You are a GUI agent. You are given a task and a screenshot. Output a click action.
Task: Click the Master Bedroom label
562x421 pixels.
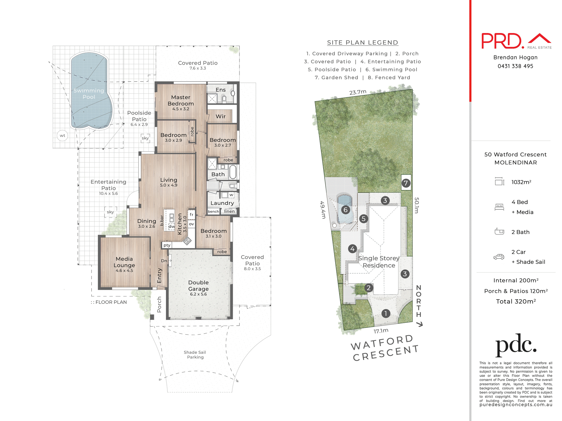pos(181,100)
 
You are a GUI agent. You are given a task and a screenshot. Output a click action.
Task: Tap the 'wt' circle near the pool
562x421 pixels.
pos(62,136)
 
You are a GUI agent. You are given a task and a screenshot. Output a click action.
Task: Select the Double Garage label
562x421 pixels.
pos(198,286)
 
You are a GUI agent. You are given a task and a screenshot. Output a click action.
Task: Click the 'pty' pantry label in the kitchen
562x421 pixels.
pos(167,245)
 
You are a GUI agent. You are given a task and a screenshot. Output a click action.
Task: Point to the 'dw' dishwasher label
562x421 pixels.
pos(172,226)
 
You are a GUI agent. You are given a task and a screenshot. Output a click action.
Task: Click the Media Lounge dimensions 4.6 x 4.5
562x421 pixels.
pos(124,271)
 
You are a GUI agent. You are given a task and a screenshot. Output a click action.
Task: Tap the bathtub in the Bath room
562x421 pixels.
pos(233,172)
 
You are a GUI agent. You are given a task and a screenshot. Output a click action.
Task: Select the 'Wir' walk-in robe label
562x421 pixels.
pos(220,116)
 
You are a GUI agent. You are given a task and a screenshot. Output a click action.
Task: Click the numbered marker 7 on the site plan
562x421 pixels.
pos(406,183)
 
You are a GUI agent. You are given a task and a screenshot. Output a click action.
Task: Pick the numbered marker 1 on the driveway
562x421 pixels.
pos(386,314)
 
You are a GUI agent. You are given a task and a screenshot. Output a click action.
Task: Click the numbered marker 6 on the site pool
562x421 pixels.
pos(346,210)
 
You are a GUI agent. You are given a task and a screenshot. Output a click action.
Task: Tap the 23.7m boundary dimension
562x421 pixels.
pos(358,92)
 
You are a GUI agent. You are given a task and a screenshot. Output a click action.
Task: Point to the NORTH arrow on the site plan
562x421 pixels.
pos(419,324)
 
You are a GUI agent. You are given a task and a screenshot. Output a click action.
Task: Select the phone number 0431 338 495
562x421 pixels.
pos(515,66)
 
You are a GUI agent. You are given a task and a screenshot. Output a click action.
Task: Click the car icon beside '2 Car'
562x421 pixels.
pos(499,257)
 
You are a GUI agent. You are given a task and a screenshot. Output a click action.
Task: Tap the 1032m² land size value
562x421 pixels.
pos(521,182)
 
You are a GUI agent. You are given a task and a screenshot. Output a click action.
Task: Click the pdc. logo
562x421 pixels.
pos(516,345)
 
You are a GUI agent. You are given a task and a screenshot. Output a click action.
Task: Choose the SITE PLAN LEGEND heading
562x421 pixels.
pos(362,43)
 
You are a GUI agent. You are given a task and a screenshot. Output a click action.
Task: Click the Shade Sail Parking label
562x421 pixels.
pos(195,355)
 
